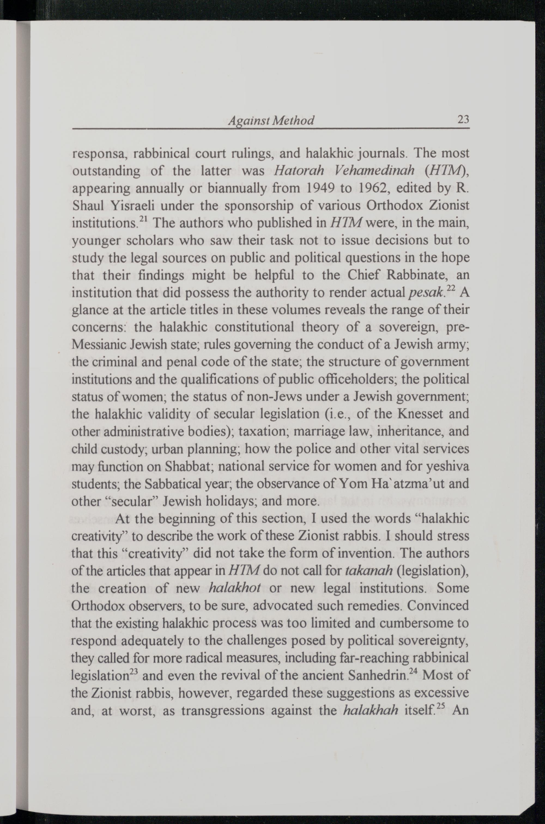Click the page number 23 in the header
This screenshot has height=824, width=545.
[463, 120]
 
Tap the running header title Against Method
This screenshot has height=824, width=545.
[271, 121]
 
